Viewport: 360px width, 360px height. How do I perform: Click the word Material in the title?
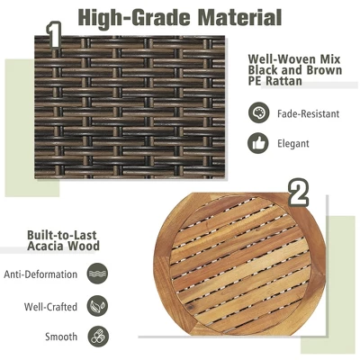pyautogui.click(x=240, y=17)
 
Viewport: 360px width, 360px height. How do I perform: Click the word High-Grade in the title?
pyautogui.click(x=135, y=18)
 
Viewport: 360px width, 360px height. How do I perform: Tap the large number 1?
pyautogui.click(x=54, y=35)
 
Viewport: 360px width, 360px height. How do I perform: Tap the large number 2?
pyautogui.click(x=298, y=193)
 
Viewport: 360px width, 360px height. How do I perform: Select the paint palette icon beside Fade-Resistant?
pyautogui.click(x=258, y=112)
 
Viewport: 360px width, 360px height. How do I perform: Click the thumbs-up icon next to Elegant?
pyautogui.click(x=258, y=143)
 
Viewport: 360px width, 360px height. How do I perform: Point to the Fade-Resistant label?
pyautogui.click(x=308, y=113)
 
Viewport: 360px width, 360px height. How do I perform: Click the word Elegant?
pyautogui.click(x=292, y=143)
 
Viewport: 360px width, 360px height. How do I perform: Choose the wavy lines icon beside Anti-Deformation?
pyautogui.click(x=97, y=274)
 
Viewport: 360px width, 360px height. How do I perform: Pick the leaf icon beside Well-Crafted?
pyautogui.click(x=97, y=306)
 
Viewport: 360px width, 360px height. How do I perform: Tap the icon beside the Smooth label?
pyautogui.click(x=98, y=337)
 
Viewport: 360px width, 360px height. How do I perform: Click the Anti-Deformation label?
pyautogui.click(x=40, y=274)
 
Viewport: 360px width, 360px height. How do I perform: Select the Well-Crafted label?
pyautogui.click(x=50, y=307)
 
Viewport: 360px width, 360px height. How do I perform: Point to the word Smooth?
pyautogui.click(x=61, y=337)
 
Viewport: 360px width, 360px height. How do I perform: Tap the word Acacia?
pyautogui.click(x=46, y=246)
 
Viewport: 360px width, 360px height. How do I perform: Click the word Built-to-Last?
pyautogui.click(x=62, y=235)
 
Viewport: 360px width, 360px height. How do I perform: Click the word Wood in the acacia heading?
pyautogui.click(x=84, y=246)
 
